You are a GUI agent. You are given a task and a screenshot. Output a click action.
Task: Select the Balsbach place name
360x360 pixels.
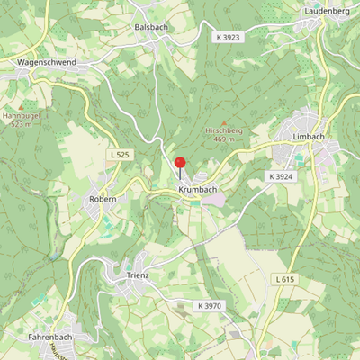pos(151,28)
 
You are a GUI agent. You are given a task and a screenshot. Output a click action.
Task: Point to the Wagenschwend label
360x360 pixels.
pos(47,62)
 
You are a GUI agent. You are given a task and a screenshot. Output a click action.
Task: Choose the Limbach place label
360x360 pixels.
pos(309,136)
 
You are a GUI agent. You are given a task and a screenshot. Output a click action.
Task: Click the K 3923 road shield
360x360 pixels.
pos(229,37)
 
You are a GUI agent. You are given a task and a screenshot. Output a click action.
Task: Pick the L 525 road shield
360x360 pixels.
pos(120,155)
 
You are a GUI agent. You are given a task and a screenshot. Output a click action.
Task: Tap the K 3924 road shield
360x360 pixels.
pos(281,175)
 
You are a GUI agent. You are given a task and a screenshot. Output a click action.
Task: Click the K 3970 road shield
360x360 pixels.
pos(211,306)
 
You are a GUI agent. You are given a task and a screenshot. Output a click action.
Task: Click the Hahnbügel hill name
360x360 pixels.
pos(22,116)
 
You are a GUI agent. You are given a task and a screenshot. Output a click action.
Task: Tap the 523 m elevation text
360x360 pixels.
pos(22,125)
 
